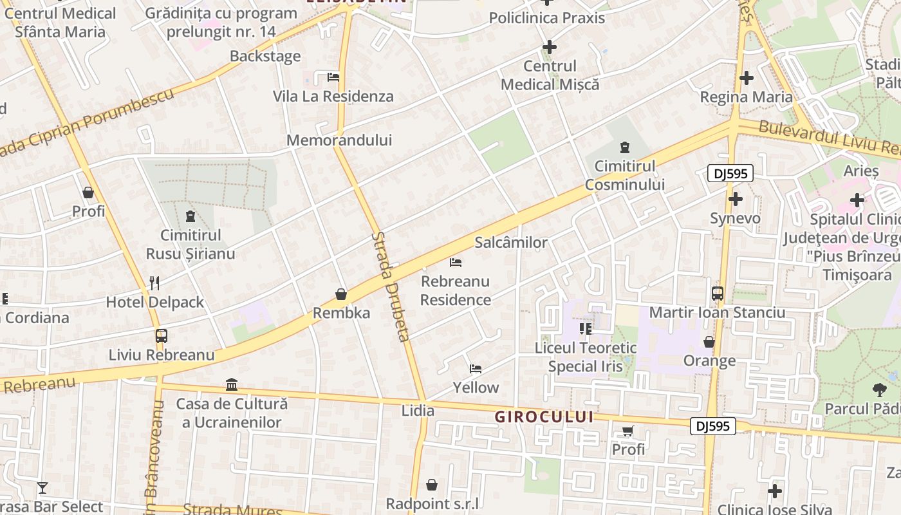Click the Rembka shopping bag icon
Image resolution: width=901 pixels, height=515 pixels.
(x=341, y=295)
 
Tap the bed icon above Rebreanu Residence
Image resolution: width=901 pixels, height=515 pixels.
(x=456, y=263)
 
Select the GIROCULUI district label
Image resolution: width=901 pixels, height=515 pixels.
(x=544, y=417)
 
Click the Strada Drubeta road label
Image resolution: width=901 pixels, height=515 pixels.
(x=390, y=286)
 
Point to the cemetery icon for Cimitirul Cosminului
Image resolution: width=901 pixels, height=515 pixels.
(x=624, y=147)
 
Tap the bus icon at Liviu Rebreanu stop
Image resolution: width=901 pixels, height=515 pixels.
(x=161, y=336)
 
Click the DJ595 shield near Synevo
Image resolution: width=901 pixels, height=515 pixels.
(x=730, y=173)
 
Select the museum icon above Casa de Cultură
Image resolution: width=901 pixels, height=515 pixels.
(x=232, y=385)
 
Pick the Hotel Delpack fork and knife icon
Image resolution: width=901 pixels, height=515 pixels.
(x=154, y=283)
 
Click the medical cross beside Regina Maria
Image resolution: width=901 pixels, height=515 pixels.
(x=747, y=78)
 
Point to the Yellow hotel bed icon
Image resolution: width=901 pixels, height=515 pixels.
(x=476, y=369)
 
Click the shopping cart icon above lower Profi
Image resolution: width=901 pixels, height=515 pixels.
(x=627, y=431)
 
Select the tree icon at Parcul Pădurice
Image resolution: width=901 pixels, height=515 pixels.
(x=879, y=389)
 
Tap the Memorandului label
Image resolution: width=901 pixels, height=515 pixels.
(x=339, y=140)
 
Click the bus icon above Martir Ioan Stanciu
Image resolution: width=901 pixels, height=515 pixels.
(x=718, y=294)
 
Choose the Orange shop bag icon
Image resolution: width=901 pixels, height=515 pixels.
(x=709, y=342)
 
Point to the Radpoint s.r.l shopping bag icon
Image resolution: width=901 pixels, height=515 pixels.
(x=432, y=485)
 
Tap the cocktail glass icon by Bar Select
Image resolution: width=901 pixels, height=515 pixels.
(x=42, y=488)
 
